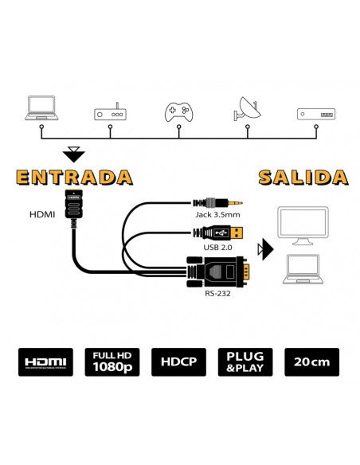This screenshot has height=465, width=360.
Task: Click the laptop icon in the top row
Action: [x=41, y=108]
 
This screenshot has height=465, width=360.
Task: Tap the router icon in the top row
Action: [x=110, y=113]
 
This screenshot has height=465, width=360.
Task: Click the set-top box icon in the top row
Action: [x=315, y=113]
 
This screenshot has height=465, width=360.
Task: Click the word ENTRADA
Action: [x=74, y=176]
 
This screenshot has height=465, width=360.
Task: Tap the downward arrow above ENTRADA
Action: [x=73, y=152]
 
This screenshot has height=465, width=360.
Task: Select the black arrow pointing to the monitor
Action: [x=264, y=252]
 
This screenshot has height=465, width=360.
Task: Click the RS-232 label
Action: [x=216, y=294]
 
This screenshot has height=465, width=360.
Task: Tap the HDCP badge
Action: [x=180, y=363]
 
